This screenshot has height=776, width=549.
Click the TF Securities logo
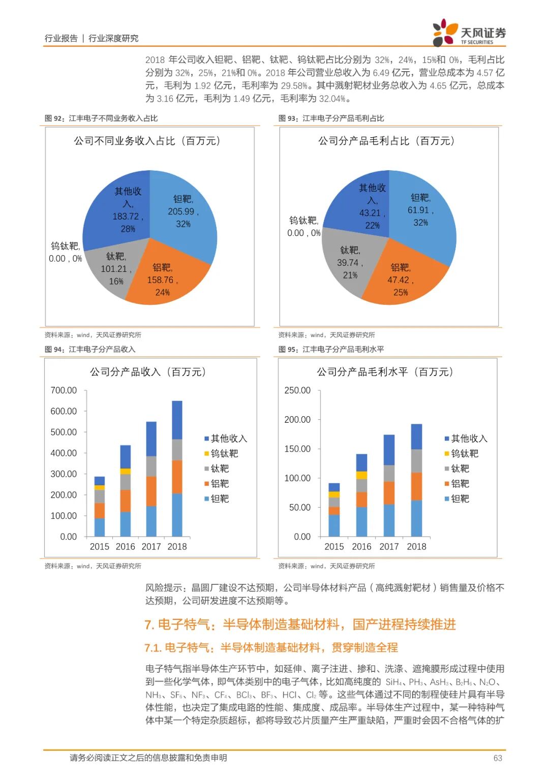tap(469, 33)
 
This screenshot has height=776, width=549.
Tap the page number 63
tap(497, 758)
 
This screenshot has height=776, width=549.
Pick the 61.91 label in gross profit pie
tap(420, 210)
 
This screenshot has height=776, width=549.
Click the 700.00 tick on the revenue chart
tap(64, 390)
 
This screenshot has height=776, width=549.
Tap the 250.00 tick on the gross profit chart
tap(297, 390)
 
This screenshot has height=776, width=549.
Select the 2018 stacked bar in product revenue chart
tap(177, 468)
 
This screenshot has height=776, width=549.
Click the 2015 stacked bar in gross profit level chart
tap(334, 510)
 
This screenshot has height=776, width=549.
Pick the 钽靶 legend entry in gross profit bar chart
tap(460, 499)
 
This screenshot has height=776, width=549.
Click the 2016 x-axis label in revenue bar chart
tap(125, 546)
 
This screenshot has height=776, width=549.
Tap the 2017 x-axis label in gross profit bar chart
tap(389, 546)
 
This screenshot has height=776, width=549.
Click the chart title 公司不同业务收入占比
tap(147, 141)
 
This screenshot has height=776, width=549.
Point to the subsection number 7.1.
tap(152, 648)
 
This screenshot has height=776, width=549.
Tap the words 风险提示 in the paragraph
tap(164, 587)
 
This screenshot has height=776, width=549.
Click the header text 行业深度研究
tap(113, 38)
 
